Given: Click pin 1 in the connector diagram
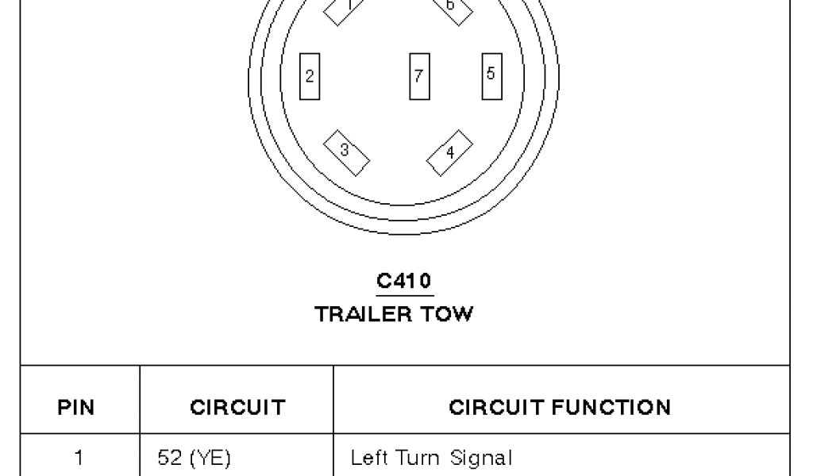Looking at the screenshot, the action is pyautogui.click(x=346, y=8).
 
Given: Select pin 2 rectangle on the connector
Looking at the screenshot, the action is pyautogui.click(x=310, y=76).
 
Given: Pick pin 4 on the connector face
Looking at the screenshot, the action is pyautogui.click(x=449, y=152).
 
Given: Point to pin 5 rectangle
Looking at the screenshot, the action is pyautogui.click(x=491, y=74).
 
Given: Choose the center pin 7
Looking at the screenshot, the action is pyautogui.click(x=418, y=76).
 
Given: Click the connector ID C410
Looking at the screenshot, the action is pyautogui.click(x=405, y=281).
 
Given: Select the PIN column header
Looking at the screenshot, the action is pyautogui.click(x=77, y=408).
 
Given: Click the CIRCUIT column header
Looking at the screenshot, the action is pyautogui.click(x=237, y=408).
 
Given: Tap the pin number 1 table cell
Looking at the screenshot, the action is pyautogui.click(x=78, y=457).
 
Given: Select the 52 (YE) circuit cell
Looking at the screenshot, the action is pyautogui.click(x=194, y=457).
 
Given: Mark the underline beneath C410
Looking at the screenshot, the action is pyautogui.click(x=405, y=294).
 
